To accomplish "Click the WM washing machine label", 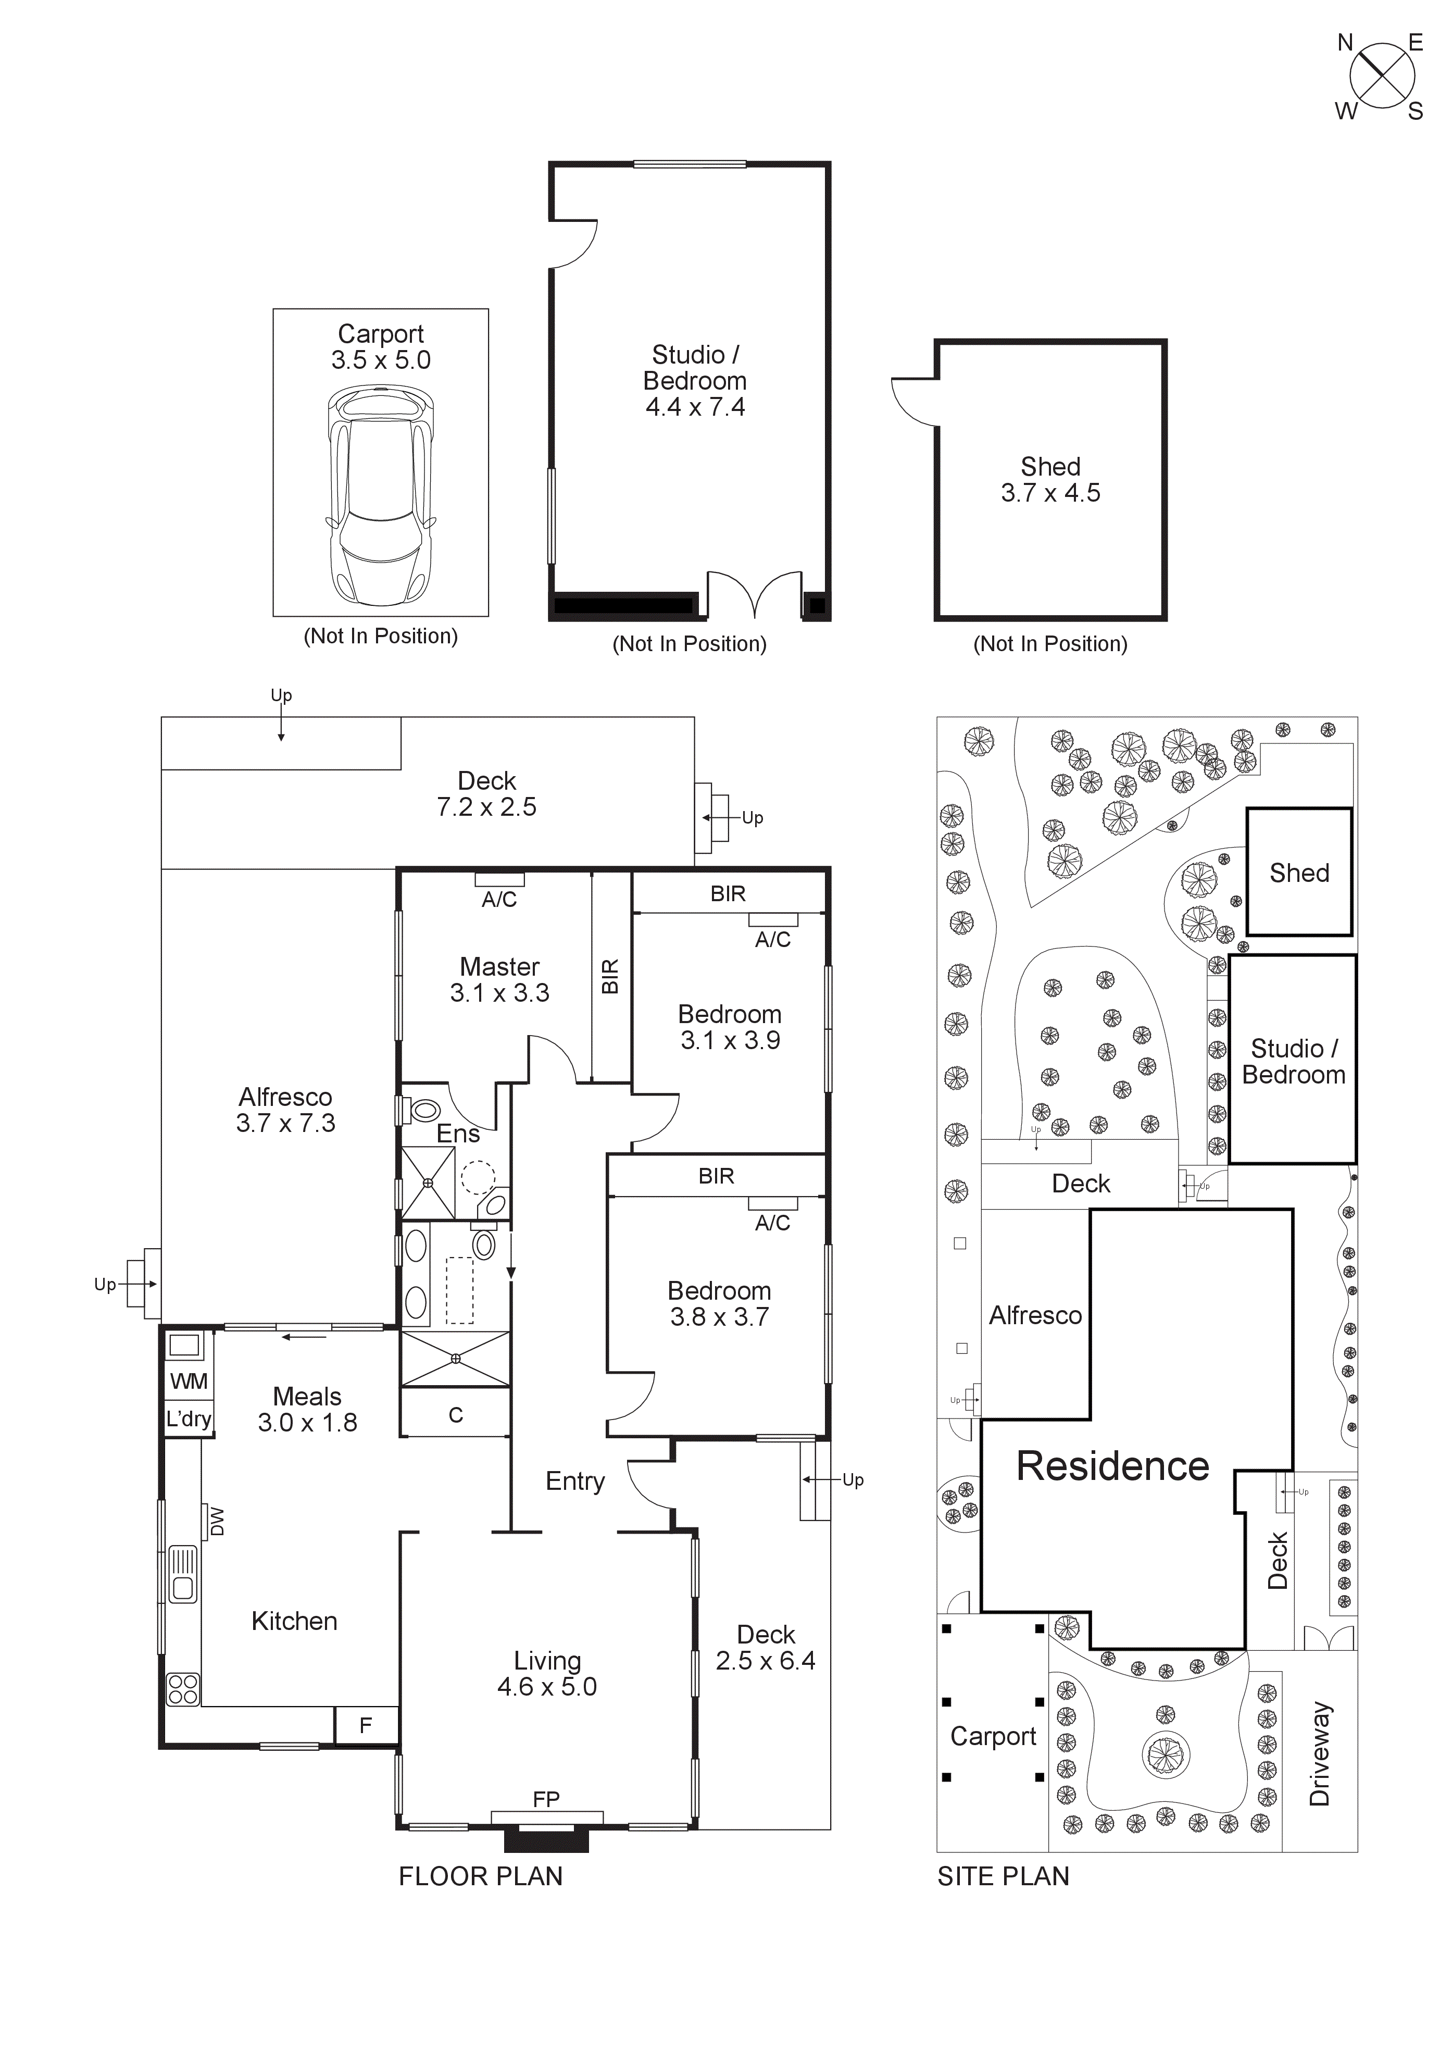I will click(x=189, y=1382).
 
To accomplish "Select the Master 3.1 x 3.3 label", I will click(x=499, y=979).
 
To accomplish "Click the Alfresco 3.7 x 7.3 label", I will click(x=285, y=1110).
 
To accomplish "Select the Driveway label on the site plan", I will click(x=1320, y=1754).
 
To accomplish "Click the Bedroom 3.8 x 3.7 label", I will click(x=719, y=1303).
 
